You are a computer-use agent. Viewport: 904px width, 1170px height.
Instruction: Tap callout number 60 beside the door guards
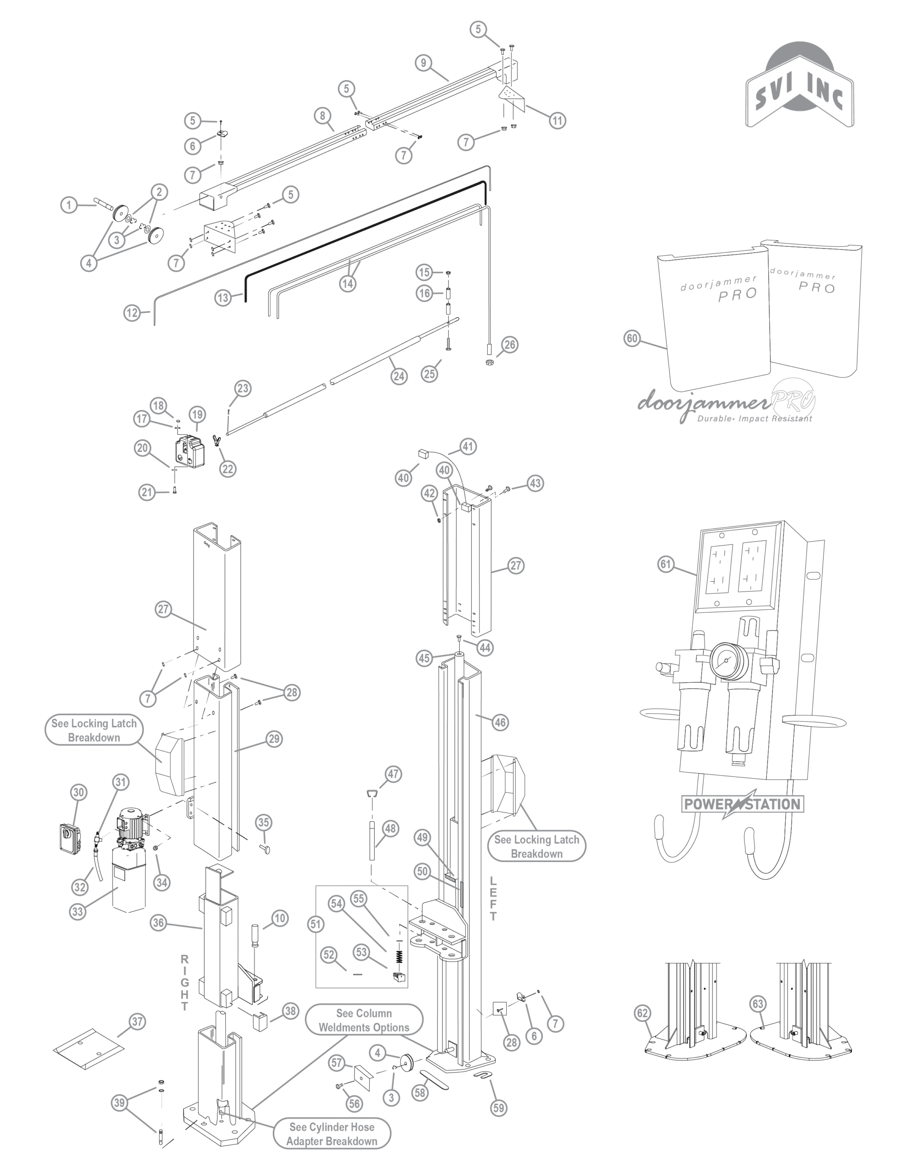[633, 338]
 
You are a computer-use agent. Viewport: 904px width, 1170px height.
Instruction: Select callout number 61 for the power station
[665, 564]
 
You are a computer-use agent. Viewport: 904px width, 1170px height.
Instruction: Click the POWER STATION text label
[742, 803]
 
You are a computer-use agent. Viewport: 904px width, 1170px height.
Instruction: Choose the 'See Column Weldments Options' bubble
[364, 1020]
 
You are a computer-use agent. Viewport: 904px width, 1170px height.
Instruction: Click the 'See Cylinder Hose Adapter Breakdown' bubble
[332, 1133]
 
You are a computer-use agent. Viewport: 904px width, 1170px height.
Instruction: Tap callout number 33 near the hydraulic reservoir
[78, 911]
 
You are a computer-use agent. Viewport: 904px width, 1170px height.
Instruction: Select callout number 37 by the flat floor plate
[137, 1021]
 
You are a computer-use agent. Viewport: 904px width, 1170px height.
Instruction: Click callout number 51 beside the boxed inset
[316, 924]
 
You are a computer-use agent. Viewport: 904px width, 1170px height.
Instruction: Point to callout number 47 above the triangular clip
[394, 774]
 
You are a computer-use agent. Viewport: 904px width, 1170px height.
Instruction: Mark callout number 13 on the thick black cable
[223, 298]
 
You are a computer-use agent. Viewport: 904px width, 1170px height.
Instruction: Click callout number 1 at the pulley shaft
[69, 205]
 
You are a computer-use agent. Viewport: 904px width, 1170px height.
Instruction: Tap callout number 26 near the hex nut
[510, 345]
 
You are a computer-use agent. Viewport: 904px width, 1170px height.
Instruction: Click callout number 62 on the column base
[643, 1013]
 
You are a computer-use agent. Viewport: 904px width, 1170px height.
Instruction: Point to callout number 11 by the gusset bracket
[557, 121]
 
